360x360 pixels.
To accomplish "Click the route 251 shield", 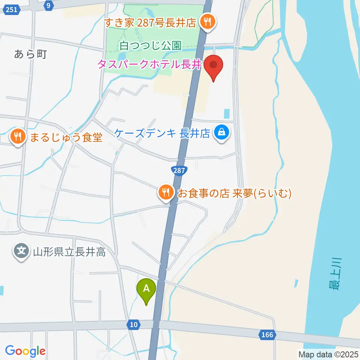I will click(12, 10).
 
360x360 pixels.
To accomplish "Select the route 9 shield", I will click(47, 5).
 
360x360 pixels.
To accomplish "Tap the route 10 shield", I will click(135, 324).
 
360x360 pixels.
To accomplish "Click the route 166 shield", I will click(267, 334).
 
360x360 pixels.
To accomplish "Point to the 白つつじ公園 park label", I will click(151, 46).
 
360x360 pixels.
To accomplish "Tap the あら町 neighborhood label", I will click(30, 54).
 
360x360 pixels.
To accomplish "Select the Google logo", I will click(25, 351).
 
